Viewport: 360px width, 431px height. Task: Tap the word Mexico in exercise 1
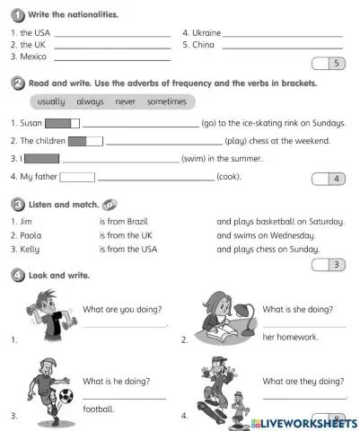coord(33,57)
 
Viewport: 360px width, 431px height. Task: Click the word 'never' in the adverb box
coord(126,101)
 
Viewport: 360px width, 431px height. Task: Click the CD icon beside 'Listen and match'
coord(110,204)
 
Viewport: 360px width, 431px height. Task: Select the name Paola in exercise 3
coord(32,235)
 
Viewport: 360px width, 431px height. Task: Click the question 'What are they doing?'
coord(304,381)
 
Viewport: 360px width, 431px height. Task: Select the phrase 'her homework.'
coord(290,338)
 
